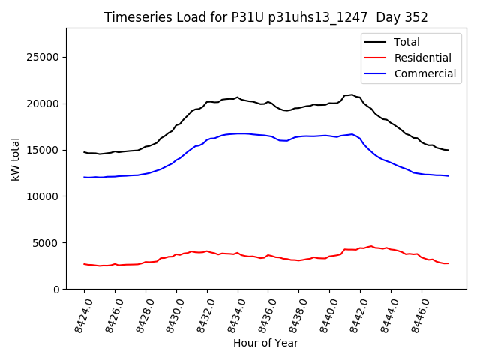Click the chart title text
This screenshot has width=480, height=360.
[x=265, y=17]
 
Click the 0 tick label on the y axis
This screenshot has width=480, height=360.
[x=56, y=289]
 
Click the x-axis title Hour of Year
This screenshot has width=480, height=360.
[x=265, y=343]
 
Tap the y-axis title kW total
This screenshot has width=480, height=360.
[x=15, y=159]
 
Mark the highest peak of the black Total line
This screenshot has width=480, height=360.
[x=352, y=94]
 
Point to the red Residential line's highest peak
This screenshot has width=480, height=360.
[x=370, y=245]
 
